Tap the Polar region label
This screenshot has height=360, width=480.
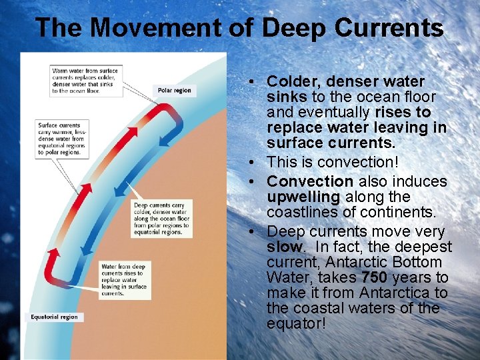point(174,90)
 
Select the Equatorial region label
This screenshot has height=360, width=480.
point(55,317)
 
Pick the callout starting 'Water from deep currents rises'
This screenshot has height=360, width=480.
point(123,280)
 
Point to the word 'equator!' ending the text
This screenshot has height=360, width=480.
point(296,323)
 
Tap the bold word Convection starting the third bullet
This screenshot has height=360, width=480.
point(310,181)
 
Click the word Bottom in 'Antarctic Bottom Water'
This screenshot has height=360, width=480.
point(418,262)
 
